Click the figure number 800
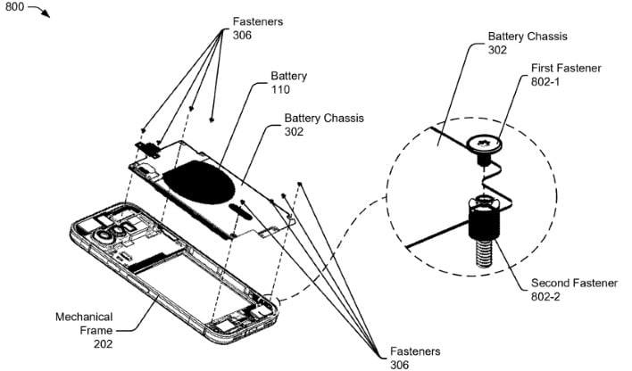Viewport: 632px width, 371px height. [x=14, y=9]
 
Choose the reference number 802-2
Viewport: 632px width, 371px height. [x=551, y=297]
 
